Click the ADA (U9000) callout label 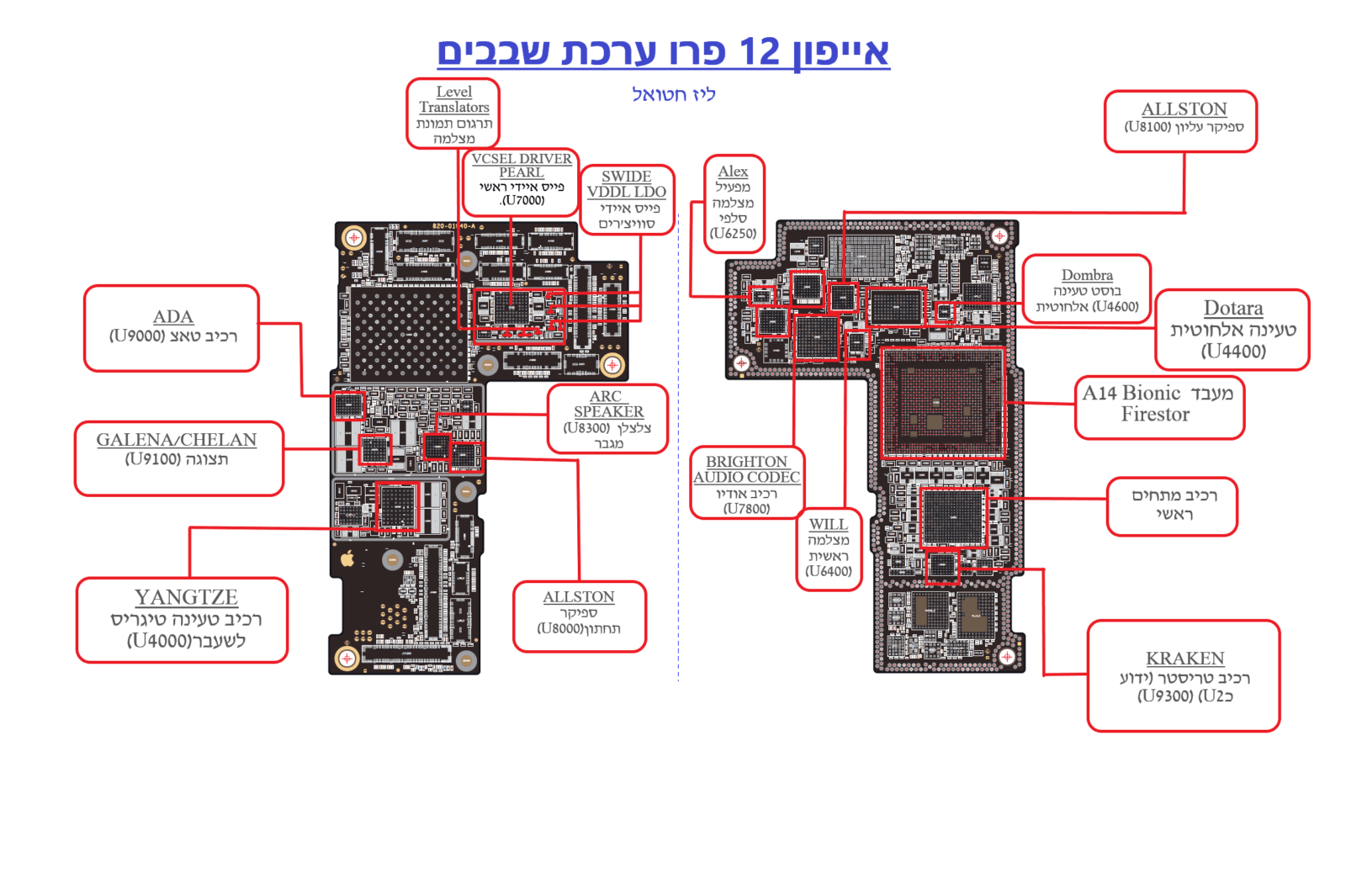coord(172,327)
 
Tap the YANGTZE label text coord(186,597)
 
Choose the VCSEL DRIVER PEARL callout coord(521,180)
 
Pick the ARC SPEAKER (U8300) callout coord(607,418)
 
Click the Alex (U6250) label coord(734,203)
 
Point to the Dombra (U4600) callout coord(1086,289)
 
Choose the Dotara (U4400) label coord(1232,329)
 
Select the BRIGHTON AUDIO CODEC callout coord(746,483)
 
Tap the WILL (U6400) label coord(828,548)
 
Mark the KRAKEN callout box coord(1184,675)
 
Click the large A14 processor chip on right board coord(942,403)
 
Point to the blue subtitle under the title coord(673,94)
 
